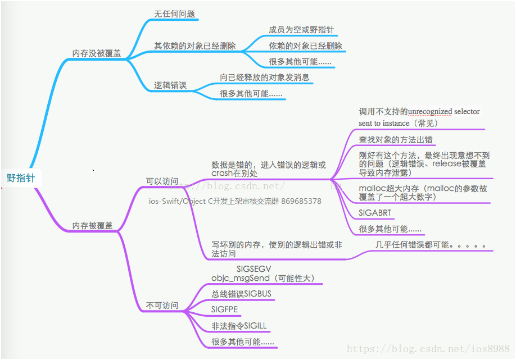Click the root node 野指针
(21, 178)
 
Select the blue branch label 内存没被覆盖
(97, 53)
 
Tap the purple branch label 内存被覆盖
(92, 225)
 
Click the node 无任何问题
(175, 14)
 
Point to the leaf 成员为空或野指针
(302, 30)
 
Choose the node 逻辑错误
(170, 86)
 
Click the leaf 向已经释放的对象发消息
(264, 78)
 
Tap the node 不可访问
(162, 306)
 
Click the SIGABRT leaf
(375, 213)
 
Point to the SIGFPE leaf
(225, 309)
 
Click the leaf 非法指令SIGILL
(239, 326)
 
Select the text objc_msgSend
(233, 278)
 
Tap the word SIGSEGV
(254, 269)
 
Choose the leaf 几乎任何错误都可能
(431, 245)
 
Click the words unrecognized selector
(444, 112)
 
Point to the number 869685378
(301, 201)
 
